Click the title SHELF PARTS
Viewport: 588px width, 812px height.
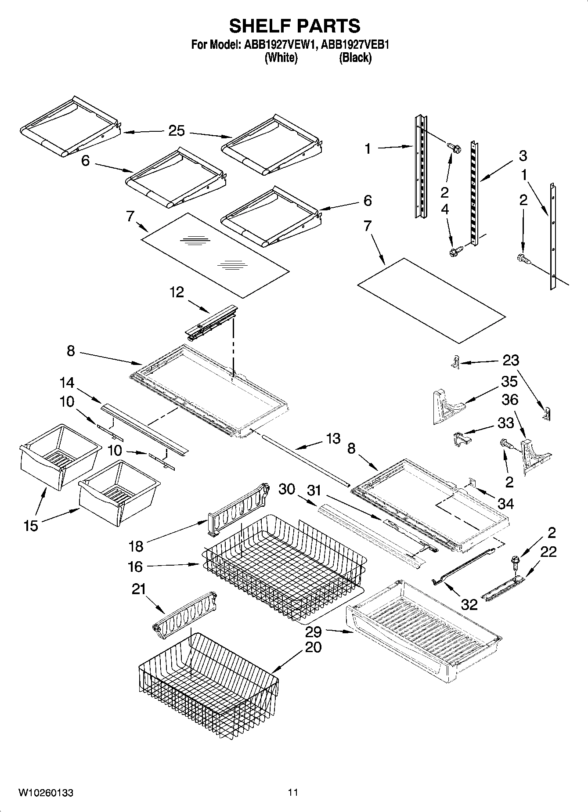(294, 26)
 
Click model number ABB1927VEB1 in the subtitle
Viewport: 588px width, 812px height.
(356, 44)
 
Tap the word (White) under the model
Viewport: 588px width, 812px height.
(281, 58)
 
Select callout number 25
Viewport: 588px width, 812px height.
(177, 131)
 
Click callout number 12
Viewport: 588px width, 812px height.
(177, 292)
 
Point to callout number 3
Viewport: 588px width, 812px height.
(523, 155)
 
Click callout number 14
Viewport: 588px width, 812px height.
(67, 383)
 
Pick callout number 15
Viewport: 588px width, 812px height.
(31, 525)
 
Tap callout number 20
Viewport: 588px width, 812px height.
(313, 647)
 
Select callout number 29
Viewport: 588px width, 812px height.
(314, 632)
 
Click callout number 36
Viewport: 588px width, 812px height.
(509, 400)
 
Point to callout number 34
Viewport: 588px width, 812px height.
(505, 503)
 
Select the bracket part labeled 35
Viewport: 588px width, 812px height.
(446, 406)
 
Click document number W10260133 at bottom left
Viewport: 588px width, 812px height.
(46, 793)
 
